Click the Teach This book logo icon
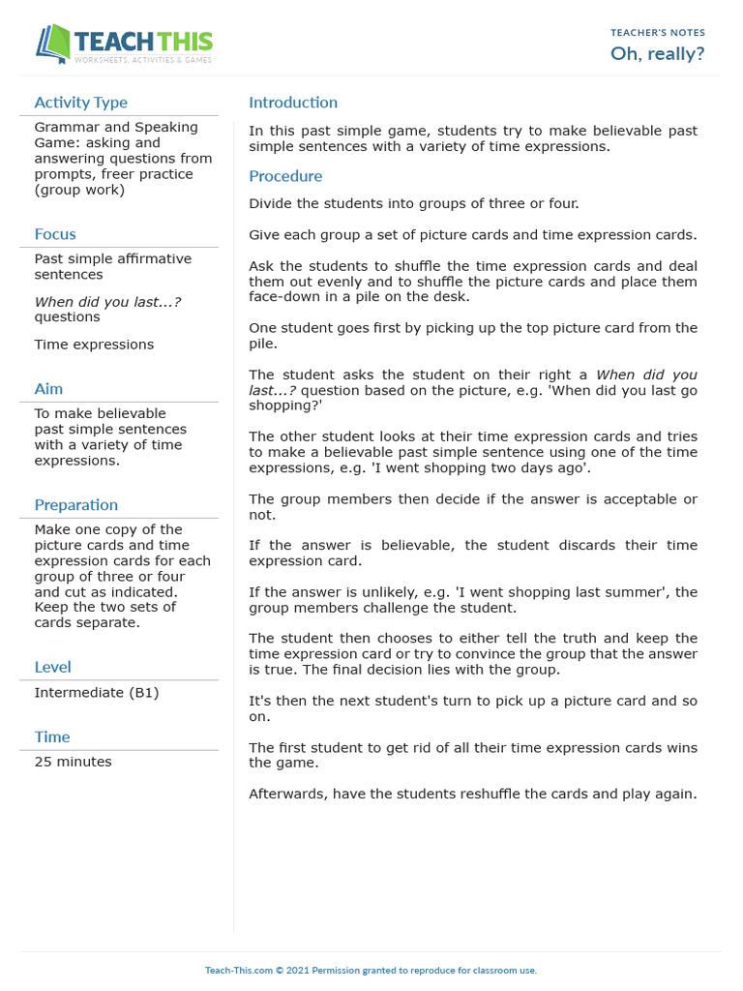(x=54, y=44)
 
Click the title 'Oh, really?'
(x=657, y=53)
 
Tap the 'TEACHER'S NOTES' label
(x=658, y=33)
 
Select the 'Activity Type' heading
(x=80, y=103)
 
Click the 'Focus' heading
(x=55, y=234)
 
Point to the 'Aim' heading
(x=48, y=389)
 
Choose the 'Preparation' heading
(x=75, y=505)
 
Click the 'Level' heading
(x=52, y=667)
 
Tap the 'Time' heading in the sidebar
(x=52, y=737)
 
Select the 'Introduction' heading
(x=293, y=103)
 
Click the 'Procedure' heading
(x=285, y=176)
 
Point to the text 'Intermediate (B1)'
(x=97, y=693)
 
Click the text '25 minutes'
(x=73, y=762)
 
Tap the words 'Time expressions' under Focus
(x=94, y=345)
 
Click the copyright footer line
(x=371, y=970)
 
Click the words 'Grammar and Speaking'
(x=116, y=127)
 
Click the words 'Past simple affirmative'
(x=113, y=258)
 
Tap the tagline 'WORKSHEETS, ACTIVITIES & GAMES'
(x=143, y=60)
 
